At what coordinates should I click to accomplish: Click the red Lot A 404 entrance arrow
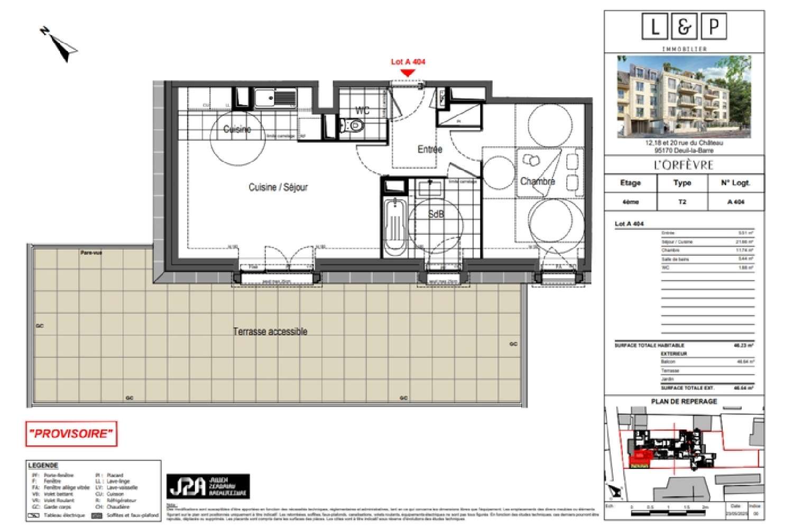tap(408, 73)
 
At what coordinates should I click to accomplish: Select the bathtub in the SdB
tap(394, 228)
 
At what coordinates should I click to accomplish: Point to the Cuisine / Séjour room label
tap(278, 187)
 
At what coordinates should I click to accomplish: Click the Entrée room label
tap(429, 150)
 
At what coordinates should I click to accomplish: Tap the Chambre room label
tap(538, 181)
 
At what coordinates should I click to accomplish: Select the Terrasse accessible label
tap(270, 331)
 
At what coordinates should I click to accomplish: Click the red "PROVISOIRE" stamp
tap(71, 434)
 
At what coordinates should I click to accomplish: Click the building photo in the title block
tap(684, 97)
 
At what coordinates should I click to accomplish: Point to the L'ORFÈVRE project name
tap(684, 165)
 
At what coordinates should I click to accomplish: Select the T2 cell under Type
tap(682, 202)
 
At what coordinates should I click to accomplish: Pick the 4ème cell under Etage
tap(630, 202)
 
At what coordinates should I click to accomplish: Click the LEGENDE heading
tap(43, 465)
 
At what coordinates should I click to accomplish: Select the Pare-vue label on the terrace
tap(91, 253)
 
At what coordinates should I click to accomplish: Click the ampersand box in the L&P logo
tap(684, 26)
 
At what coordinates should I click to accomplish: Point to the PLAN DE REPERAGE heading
tap(684, 402)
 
